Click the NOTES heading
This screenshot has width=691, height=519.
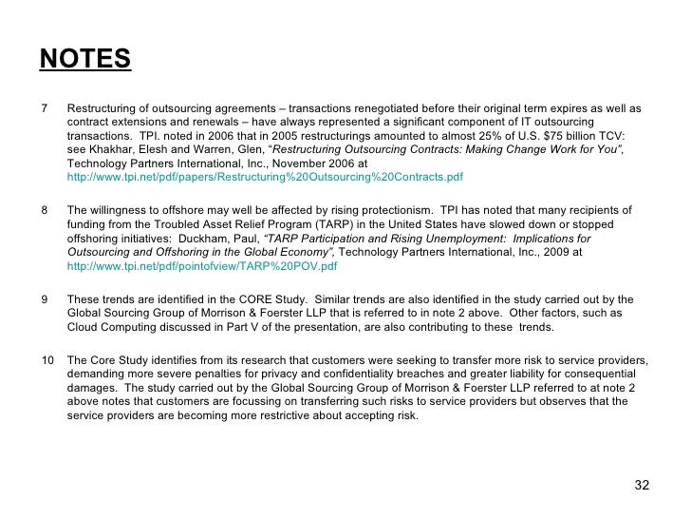click(84, 59)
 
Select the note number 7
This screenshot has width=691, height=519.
click(45, 107)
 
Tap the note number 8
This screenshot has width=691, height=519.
click(45, 210)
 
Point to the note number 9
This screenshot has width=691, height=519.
click(45, 298)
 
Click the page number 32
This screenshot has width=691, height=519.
click(642, 486)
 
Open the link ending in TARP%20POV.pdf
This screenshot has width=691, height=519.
click(201, 267)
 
